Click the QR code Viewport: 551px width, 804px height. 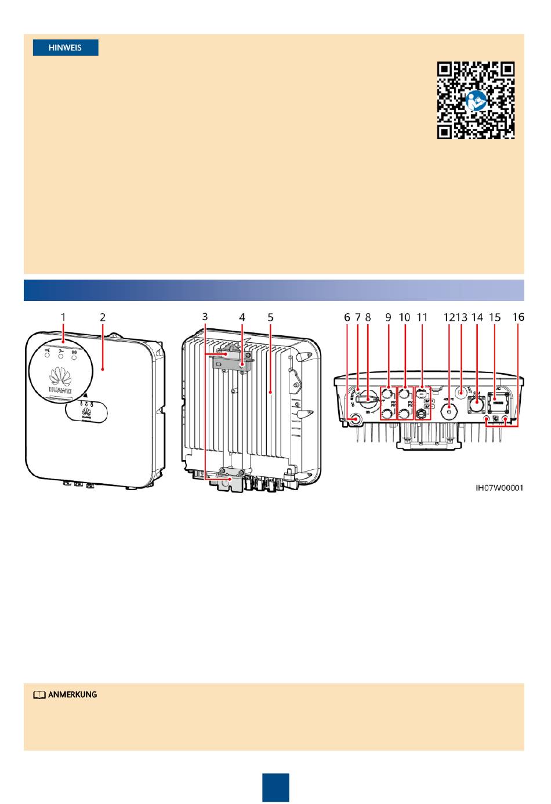[476, 100]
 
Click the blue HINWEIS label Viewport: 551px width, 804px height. [66, 48]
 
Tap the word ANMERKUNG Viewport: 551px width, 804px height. [72, 694]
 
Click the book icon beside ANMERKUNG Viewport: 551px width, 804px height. [39, 695]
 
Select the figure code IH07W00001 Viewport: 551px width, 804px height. [499, 488]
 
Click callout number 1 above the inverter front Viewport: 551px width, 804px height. [63, 317]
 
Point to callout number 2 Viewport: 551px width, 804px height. [103, 317]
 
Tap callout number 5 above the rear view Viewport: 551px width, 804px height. [270, 317]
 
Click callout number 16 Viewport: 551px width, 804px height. [518, 317]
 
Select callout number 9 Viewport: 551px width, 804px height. [388, 317]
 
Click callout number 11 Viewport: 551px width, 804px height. [422, 317]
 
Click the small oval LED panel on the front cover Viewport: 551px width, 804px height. [86, 410]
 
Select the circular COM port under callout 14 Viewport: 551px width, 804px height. [477, 404]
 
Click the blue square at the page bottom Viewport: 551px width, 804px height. [275, 787]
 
